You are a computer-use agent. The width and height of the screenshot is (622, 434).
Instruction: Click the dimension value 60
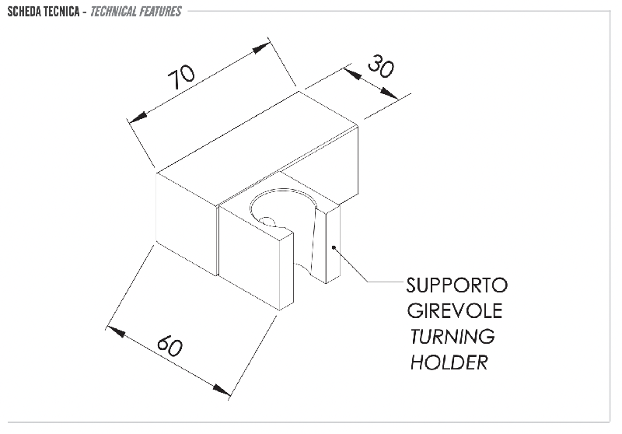coord(170,345)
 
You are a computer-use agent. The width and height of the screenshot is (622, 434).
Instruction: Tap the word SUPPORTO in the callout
coord(457,285)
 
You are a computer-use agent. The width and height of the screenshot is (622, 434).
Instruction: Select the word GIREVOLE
coord(455,310)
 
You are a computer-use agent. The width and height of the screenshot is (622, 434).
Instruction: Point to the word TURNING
coord(453,337)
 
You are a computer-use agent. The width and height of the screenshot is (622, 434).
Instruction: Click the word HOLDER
coord(449,362)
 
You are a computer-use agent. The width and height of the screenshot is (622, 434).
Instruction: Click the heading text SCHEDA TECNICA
coord(44,12)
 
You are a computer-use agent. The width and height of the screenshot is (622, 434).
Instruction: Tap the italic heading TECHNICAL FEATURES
coord(135,12)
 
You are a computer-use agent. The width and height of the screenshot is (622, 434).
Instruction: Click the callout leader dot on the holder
coord(334,247)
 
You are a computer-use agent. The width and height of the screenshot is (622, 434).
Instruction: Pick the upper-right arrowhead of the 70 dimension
coord(260,49)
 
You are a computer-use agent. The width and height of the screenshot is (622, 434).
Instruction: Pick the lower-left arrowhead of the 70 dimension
coord(138,117)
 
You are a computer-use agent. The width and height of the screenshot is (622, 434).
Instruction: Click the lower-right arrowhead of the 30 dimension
coord(389,93)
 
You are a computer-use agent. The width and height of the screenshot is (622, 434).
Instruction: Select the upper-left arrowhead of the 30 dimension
coord(352,73)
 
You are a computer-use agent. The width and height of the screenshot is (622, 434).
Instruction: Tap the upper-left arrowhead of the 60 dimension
coord(117,332)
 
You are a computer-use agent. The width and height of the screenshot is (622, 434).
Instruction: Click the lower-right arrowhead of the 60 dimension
coord(221,389)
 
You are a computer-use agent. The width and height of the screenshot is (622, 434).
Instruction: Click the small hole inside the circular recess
coord(267,222)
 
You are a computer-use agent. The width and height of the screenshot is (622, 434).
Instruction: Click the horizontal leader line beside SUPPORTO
coord(385,282)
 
